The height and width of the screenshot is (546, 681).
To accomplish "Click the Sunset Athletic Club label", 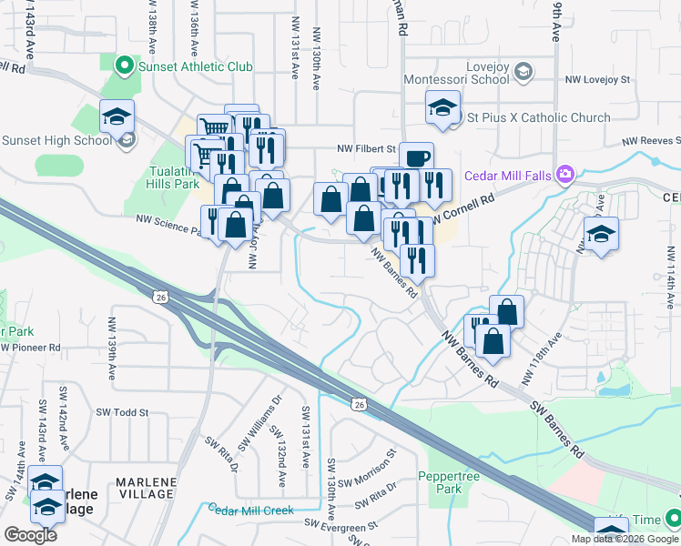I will coord(195,66).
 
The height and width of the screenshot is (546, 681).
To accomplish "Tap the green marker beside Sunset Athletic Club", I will coord(125,66).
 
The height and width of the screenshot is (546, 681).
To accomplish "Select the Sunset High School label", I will coord(56,140).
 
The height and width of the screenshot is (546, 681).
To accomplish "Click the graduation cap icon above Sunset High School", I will coord(117,116).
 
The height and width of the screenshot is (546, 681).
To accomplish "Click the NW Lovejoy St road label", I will coord(597,80).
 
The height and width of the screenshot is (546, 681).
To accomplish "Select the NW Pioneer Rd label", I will coord(32,348).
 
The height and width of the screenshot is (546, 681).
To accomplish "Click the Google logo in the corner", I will coord(30,535).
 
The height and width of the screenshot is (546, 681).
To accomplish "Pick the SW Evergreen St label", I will coord(341,527).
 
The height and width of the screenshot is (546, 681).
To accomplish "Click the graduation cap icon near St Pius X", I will coord(442,110).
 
